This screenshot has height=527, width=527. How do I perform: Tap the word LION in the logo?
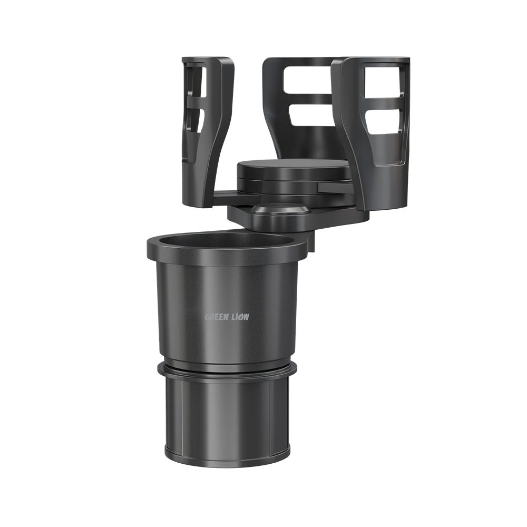pos(239,317)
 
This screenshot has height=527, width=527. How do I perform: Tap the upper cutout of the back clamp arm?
pos(308,80)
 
